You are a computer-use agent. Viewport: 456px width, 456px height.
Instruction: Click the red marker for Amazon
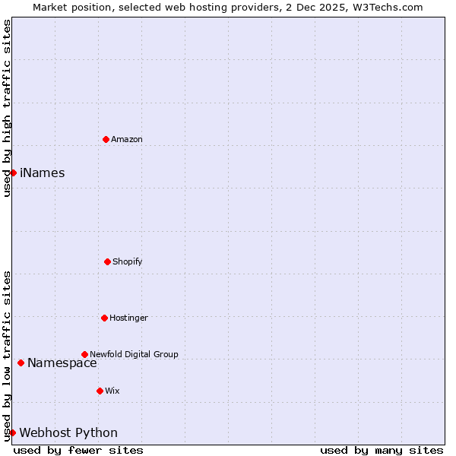point(106,139)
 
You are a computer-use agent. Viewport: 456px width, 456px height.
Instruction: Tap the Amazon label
point(127,139)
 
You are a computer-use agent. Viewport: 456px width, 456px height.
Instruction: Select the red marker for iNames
point(13,173)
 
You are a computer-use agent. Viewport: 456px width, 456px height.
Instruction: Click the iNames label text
point(43,173)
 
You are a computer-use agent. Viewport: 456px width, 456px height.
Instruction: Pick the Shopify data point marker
point(107,261)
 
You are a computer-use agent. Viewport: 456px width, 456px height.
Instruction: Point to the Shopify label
point(128,261)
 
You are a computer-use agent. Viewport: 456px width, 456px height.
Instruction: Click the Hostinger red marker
point(104,318)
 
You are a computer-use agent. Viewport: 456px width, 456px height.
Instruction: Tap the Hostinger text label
point(128,318)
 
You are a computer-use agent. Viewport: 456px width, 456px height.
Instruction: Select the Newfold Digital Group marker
point(84,354)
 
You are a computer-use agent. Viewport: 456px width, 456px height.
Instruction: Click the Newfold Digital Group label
point(134,354)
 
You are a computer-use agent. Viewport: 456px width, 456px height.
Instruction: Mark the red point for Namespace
point(21,363)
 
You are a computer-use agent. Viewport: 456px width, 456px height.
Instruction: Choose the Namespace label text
point(62,363)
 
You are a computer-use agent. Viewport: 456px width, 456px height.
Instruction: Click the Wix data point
point(100,391)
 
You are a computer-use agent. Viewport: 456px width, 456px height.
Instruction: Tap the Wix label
point(112,391)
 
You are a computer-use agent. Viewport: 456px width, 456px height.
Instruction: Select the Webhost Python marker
point(12,432)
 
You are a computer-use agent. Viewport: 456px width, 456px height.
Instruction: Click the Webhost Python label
point(68,432)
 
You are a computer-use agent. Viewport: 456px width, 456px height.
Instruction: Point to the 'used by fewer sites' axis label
point(78,450)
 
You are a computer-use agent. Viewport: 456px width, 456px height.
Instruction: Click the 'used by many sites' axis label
point(382,450)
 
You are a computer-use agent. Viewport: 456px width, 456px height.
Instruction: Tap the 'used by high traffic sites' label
point(7,108)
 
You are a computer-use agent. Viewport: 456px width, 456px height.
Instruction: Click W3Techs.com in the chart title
point(385,7)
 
